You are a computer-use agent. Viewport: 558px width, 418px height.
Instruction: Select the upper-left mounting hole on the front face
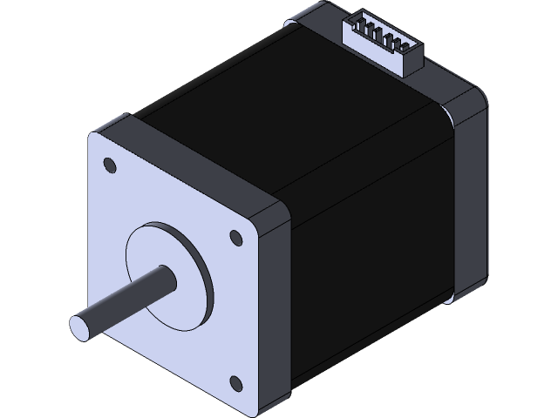click(110, 164)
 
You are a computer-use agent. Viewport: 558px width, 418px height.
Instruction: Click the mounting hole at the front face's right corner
click(235, 236)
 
